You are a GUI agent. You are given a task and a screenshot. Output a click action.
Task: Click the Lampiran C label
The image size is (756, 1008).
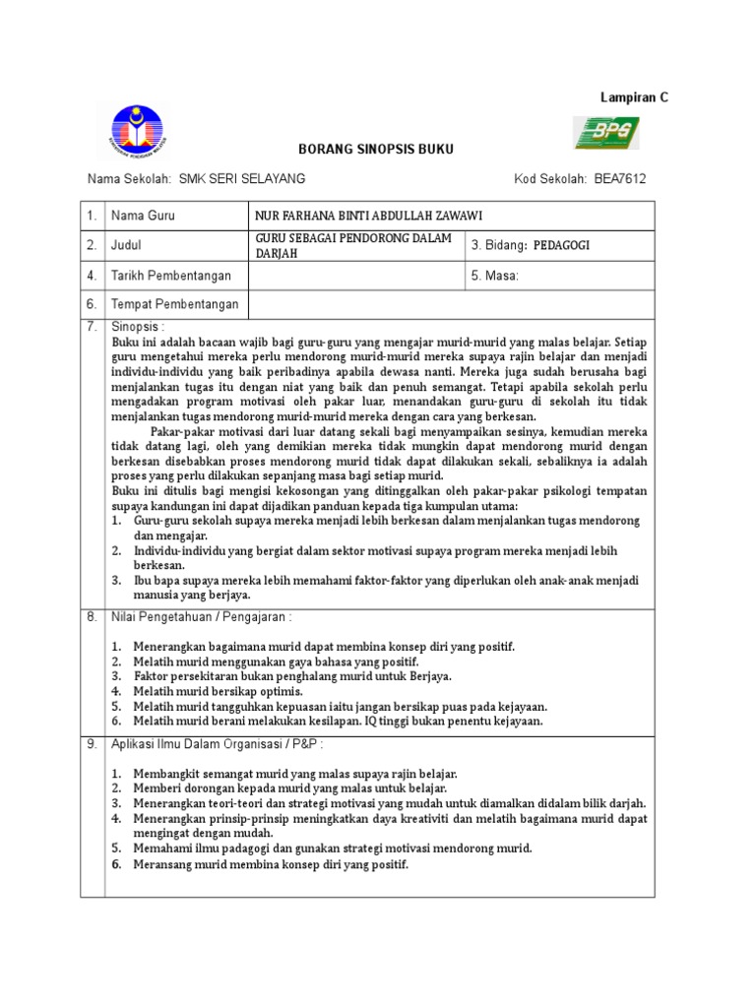[634, 94]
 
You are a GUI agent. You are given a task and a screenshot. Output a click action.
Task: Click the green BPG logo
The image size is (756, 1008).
[606, 132]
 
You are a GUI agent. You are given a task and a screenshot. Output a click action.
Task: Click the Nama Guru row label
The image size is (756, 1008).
[143, 215]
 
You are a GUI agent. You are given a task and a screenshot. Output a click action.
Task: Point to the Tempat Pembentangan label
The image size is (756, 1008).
[174, 305]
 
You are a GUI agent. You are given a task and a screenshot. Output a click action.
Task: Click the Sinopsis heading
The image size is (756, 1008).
[139, 325]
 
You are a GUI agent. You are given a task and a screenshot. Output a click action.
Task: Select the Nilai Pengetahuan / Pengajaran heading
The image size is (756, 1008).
[201, 617]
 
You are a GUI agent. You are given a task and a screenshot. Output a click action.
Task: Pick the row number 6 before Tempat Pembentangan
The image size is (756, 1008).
[92, 305]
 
